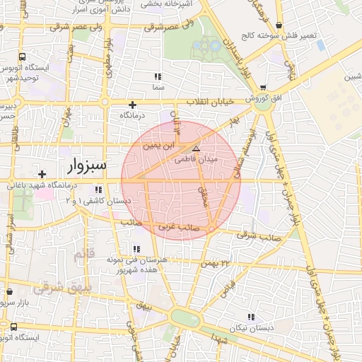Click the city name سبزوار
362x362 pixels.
point(86,166)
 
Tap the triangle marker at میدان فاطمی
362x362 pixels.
point(196,148)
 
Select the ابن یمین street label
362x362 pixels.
point(158,147)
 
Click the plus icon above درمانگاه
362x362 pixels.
point(132,105)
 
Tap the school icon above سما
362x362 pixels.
point(158,76)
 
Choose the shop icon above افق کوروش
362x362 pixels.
point(263,88)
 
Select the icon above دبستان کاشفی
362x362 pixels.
point(98,189)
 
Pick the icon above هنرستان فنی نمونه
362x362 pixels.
point(136,249)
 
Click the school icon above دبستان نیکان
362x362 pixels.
point(250,317)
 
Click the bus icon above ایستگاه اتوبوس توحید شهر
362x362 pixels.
point(23,57)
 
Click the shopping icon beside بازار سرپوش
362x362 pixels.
point(9,291)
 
